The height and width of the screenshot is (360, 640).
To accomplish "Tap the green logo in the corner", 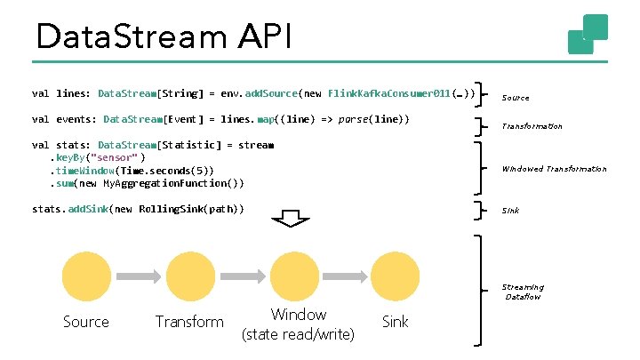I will tap(588, 34).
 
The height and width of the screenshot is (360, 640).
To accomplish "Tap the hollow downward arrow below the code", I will tap(287, 220).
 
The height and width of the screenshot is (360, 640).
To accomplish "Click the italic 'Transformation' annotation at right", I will tap(532, 126).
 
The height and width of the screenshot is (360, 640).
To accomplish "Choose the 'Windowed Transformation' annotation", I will tap(554, 168).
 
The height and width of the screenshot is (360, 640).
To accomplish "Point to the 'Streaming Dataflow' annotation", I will tap(523, 292).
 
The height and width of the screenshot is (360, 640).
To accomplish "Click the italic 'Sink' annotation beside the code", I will tap(510, 211).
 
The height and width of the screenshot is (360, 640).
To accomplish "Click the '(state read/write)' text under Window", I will tap(298, 334).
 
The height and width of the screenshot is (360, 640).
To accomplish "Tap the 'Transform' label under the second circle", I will tap(189, 322).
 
